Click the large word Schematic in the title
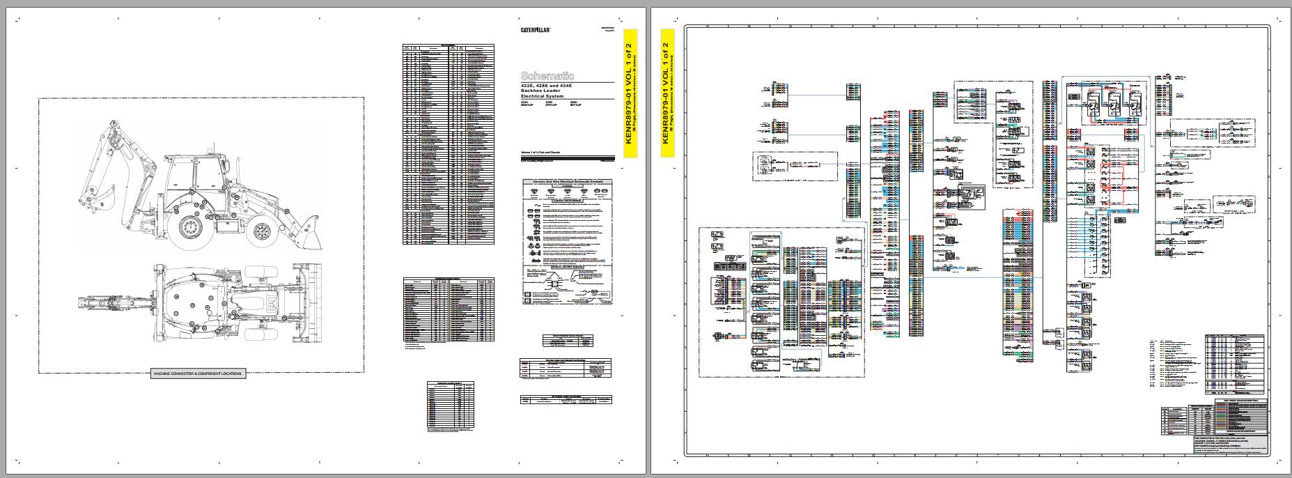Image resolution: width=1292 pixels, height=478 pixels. coord(547,75)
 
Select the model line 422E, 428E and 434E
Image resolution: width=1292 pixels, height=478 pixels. coord(547,86)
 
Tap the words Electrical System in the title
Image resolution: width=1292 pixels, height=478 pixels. coord(542,97)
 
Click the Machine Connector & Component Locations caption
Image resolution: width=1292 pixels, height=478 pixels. coord(199,374)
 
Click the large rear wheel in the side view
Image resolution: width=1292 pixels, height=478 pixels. coord(190,227)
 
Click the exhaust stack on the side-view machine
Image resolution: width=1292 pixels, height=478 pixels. coord(240,169)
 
